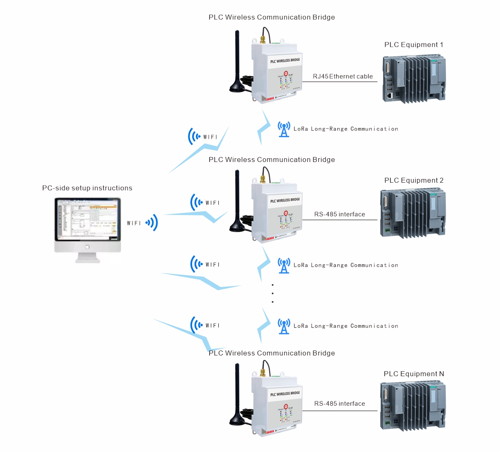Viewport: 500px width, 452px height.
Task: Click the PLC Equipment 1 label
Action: click(414, 45)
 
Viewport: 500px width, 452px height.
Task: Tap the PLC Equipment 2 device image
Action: click(413, 213)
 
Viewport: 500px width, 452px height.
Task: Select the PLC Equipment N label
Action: click(414, 374)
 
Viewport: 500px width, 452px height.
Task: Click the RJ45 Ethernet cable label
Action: click(343, 76)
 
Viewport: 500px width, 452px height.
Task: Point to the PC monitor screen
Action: click(87, 220)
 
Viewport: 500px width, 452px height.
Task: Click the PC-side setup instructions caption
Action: click(87, 188)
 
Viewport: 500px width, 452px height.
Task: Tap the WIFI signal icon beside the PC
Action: click(152, 223)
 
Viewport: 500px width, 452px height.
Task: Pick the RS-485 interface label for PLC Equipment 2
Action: click(339, 214)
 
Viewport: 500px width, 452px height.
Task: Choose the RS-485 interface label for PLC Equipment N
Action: click(339, 404)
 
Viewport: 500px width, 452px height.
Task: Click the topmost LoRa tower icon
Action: click(284, 129)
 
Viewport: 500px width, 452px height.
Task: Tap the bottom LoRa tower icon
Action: click(284, 326)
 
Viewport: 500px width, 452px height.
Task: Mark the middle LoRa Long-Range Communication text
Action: click(346, 265)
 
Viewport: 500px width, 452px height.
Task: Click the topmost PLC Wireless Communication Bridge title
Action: click(272, 17)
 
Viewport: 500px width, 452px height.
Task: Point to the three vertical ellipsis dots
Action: click(273, 293)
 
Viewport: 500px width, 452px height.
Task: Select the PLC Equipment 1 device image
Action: click(414, 79)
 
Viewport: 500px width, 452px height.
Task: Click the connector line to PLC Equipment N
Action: click(339, 411)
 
